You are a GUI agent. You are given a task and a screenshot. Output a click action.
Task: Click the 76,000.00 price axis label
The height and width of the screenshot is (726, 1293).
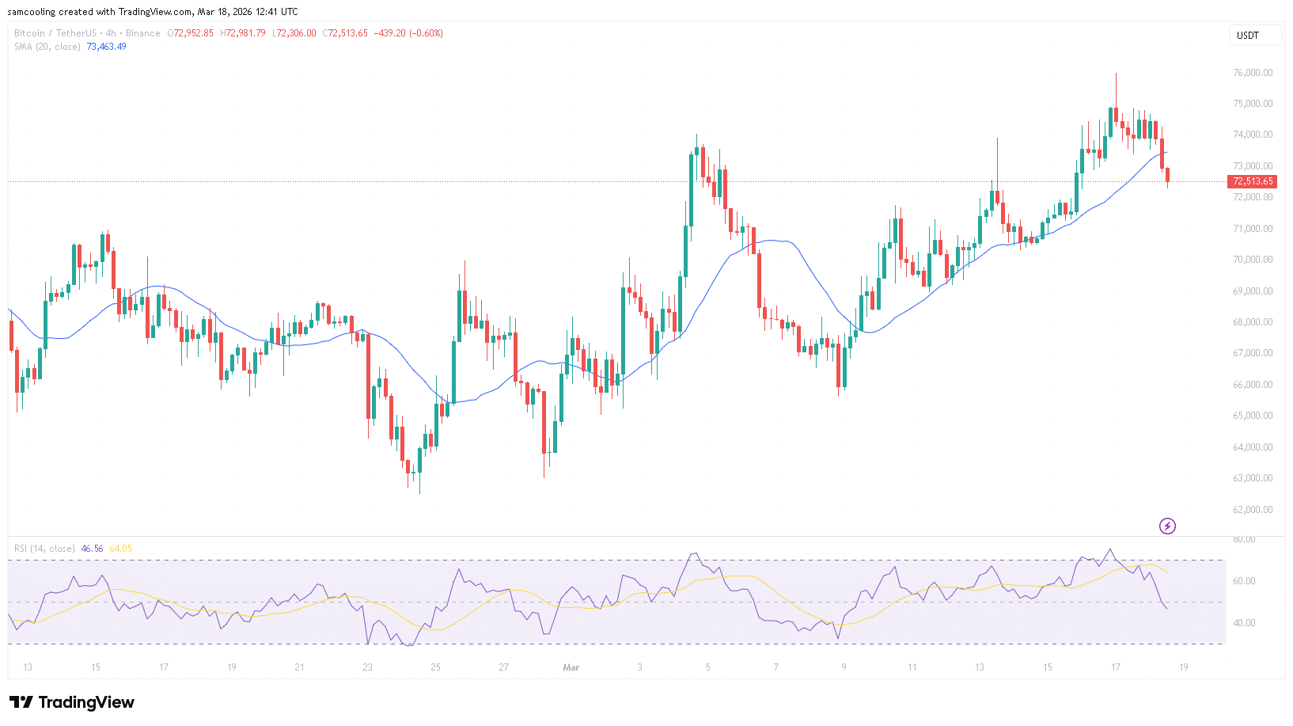[x=1253, y=73]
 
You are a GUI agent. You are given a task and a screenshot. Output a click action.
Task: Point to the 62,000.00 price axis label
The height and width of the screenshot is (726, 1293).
[x=1253, y=510]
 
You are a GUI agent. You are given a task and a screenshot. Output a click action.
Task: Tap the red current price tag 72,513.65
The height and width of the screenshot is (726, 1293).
[x=1253, y=181]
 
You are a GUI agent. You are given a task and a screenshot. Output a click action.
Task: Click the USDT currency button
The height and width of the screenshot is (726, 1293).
[x=1249, y=35]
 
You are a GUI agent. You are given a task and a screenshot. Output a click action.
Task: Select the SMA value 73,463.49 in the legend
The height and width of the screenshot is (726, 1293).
[x=106, y=47]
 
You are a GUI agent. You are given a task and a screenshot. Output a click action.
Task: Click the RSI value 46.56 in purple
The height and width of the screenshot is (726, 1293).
[x=92, y=549]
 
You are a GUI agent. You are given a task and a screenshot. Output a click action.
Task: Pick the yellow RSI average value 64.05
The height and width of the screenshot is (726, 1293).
[x=120, y=549]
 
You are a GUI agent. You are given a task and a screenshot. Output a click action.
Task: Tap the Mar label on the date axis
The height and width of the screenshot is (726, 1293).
[x=571, y=667]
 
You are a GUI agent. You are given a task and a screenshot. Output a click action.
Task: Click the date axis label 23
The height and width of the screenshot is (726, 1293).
[x=367, y=667]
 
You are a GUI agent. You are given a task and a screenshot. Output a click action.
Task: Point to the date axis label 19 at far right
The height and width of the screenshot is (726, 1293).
[x=1184, y=667]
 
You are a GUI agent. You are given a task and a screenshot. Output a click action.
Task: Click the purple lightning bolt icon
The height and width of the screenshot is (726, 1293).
[x=1167, y=526]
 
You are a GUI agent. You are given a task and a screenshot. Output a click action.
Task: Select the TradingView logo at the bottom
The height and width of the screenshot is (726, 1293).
[x=72, y=702]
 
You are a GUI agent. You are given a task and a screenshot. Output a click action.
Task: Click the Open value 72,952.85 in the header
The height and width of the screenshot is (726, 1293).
[x=193, y=33]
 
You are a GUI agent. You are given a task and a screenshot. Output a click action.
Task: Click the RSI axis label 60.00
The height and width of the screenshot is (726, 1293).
[x=1244, y=581]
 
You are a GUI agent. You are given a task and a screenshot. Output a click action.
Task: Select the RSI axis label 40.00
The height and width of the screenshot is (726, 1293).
[x=1244, y=623]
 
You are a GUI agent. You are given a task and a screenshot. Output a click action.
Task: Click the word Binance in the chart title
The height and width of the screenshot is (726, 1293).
[x=143, y=33]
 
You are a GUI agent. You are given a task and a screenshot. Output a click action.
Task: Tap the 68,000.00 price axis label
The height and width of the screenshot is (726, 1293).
[x=1253, y=322]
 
